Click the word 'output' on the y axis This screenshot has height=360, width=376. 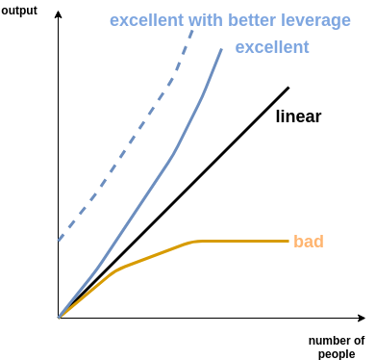pyautogui.click(x=19, y=11)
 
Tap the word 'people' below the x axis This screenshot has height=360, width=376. pyautogui.click(x=337, y=354)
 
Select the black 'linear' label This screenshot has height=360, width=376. pyautogui.click(x=298, y=116)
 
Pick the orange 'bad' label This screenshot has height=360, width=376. pyautogui.click(x=309, y=241)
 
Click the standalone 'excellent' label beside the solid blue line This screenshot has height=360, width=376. pyautogui.click(x=272, y=47)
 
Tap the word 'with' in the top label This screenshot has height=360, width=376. pyautogui.click(x=206, y=20)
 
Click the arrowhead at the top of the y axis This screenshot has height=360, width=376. pyautogui.click(x=58, y=13)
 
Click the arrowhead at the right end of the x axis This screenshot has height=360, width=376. pyautogui.click(x=363, y=318)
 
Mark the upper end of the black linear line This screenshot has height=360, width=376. pyautogui.click(x=288, y=88)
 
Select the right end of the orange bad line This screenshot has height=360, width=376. pyautogui.click(x=288, y=241)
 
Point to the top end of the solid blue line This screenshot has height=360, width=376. pyautogui.click(x=221, y=49)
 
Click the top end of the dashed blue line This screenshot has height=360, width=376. pyautogui.click(x=192, y=31)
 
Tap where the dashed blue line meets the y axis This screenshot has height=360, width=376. pyautogui.click(x=59, y=240)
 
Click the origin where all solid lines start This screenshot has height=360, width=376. pyautogui.click(x=59, y=318)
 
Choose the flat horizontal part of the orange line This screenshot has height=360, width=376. pyautogui.click(x=243, y=241)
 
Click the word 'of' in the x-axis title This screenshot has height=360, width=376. pyautogui.click(x=358, y=341)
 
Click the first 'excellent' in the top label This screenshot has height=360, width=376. pyautogui.click(x=146, y=20)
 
